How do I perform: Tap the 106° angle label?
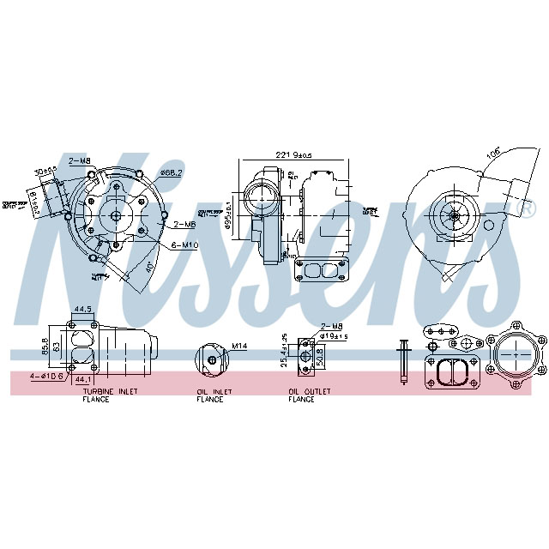click(494, 152)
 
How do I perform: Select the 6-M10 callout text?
click(185, 245)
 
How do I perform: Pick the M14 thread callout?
click(239, 346)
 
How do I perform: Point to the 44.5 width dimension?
click(82, 309)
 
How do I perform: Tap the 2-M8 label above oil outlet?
click(331, 327)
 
